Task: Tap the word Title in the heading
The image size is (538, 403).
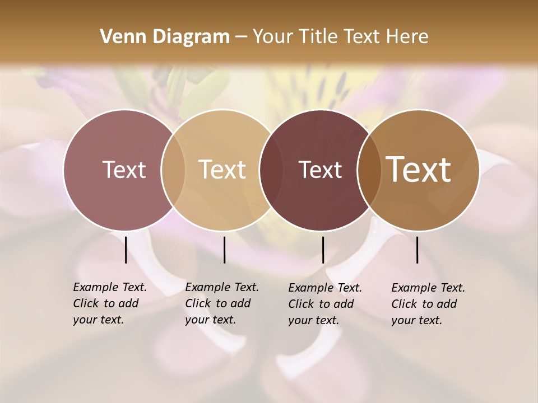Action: pos(322,37)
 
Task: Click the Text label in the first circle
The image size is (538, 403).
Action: pos(124,170)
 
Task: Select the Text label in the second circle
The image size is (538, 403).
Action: pos(222,170)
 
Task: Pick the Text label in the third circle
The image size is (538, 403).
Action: pos(320,170)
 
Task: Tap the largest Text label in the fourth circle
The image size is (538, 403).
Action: pos(419,170)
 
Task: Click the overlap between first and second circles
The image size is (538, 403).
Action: pos(173,170)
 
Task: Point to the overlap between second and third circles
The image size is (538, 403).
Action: pos(271,170)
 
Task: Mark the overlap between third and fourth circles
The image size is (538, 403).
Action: pos(369,170)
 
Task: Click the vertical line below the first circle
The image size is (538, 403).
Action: pos(126,250)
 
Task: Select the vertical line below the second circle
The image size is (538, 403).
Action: pos(224,250)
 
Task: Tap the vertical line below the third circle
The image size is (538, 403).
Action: pos(323,250)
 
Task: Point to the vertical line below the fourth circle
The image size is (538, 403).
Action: pos(418,250)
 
